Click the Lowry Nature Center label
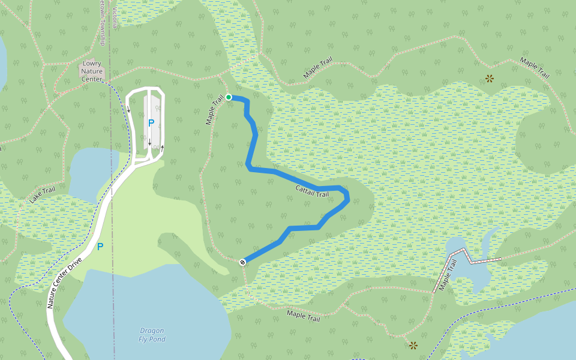click(92, 71)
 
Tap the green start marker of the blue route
click(229, 97)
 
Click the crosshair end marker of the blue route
click(242, 262)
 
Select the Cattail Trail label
click(312, 191)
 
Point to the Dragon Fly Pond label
click(151, 335)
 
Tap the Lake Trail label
click(43, 194)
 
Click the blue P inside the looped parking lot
click(151, 123)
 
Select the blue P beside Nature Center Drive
click(100, 247)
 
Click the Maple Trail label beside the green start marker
click(214, 109)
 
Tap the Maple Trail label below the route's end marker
click(303, 315)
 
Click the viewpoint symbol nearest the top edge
click(490, 78)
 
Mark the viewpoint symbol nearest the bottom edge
click(413, 345)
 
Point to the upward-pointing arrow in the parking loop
click(162, 147)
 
